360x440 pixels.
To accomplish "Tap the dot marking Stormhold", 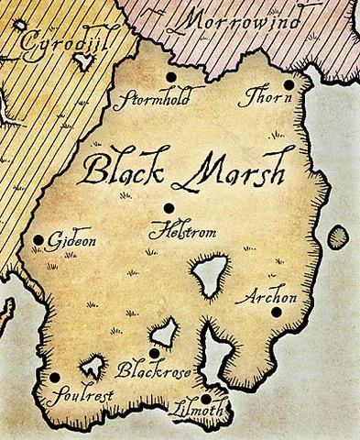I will [x=170, y=78].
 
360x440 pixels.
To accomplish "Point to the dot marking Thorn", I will [x=288, y=85].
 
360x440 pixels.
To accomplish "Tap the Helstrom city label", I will [x=183, y=233].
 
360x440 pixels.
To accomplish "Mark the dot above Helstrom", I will [x=168, y=207].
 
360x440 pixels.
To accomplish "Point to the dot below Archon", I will [x=276, y=313].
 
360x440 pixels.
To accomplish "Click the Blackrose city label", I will [x=143, y=371].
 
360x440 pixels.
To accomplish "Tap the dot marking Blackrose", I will [x=154, y=353].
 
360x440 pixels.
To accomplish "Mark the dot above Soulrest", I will [x=55, y=377].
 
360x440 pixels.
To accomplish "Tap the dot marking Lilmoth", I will [x=207, y=399].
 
